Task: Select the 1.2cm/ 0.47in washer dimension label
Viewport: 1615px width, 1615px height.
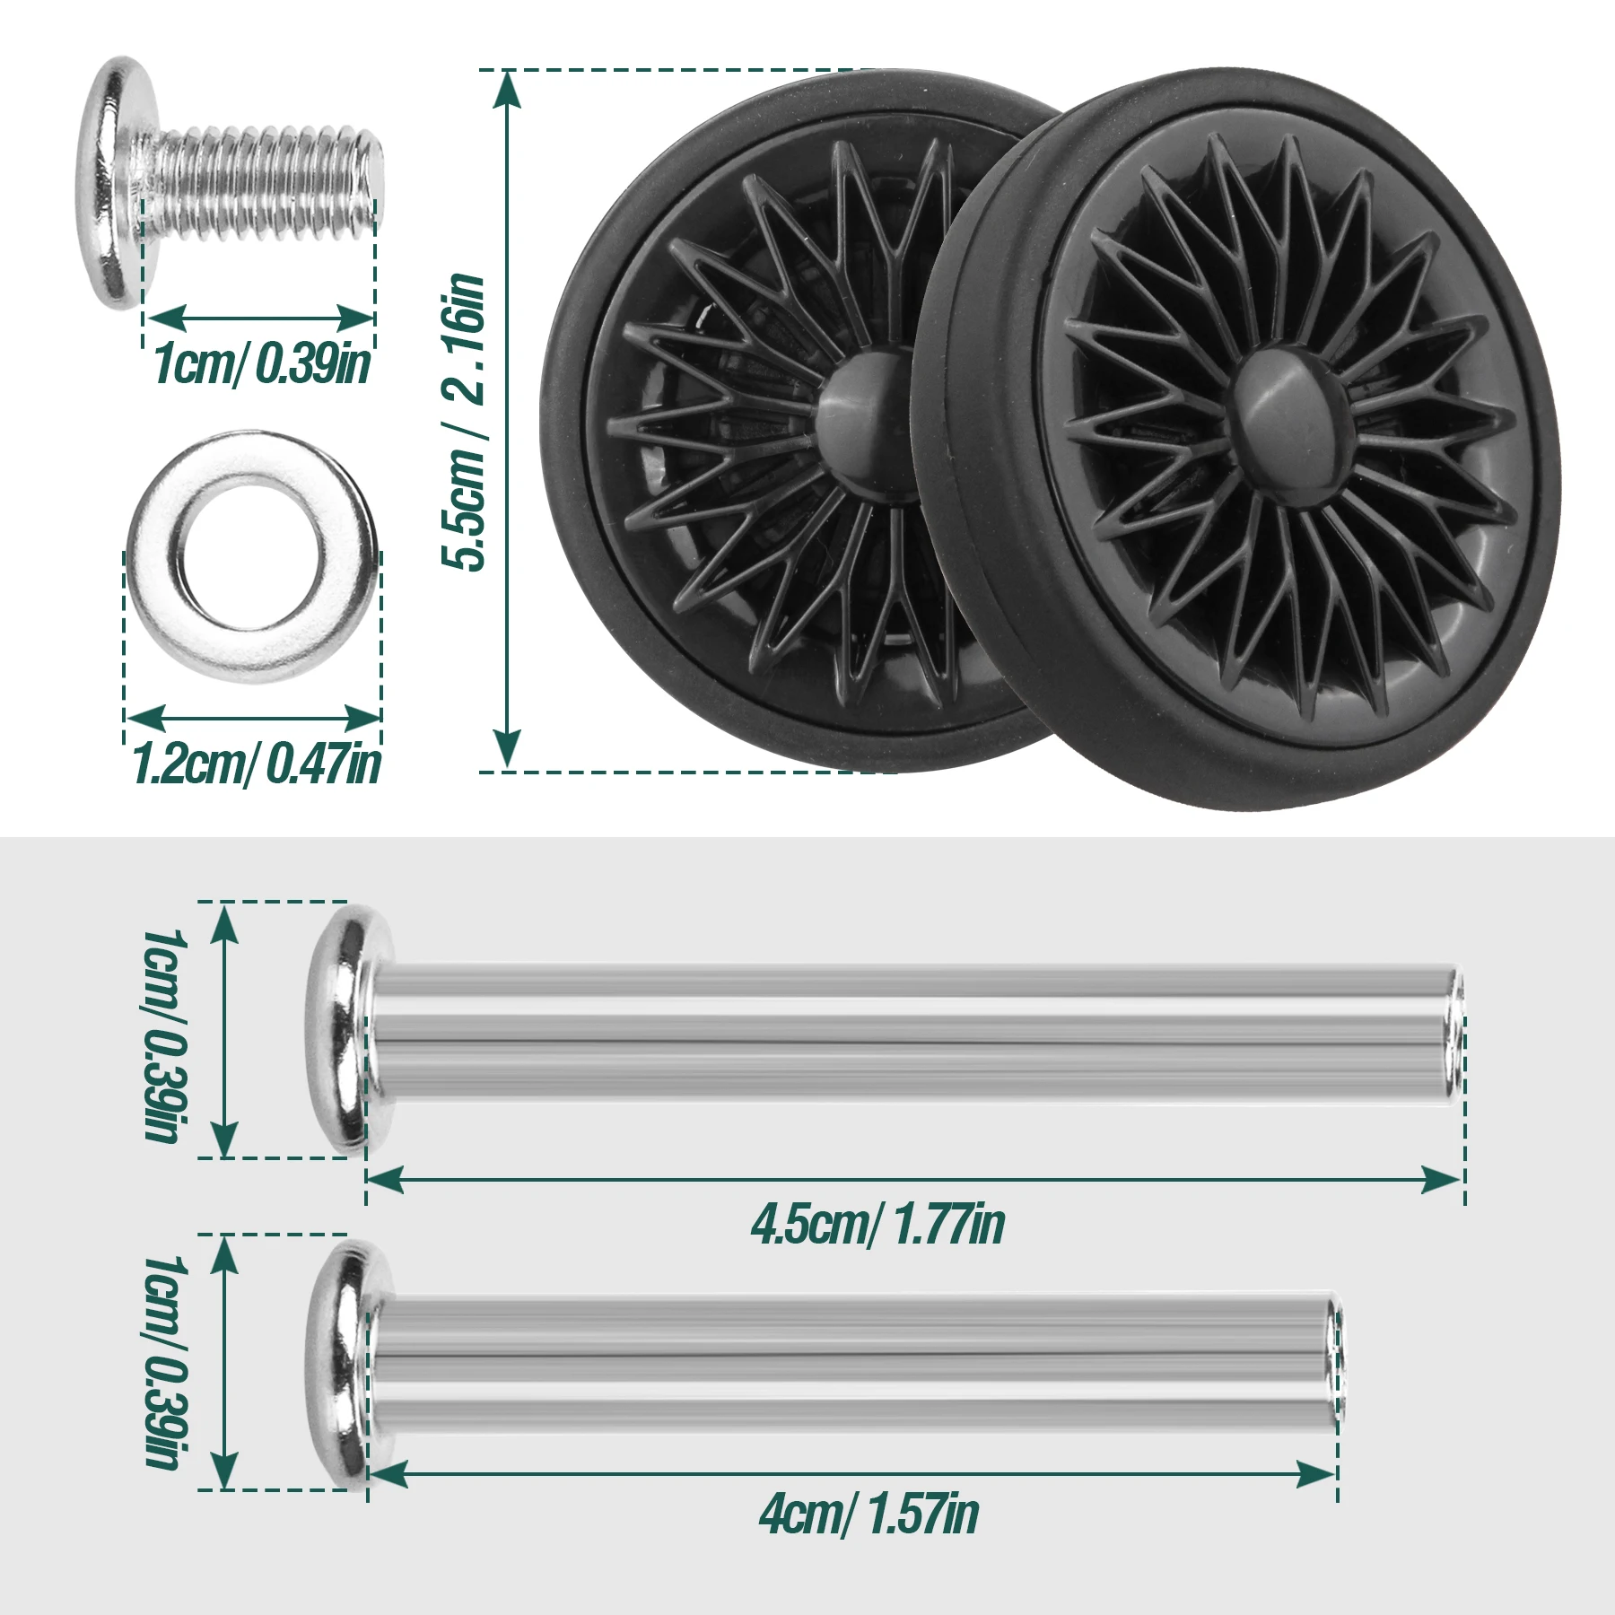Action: pos(256,764)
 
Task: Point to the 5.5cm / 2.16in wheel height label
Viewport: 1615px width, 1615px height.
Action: pos(464,421)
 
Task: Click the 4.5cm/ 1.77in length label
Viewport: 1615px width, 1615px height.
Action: pos(877,1224)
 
